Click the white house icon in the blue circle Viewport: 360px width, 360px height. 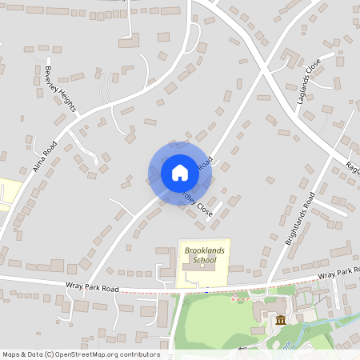click(x=180, y=173)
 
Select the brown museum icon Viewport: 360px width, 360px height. click(x=280, y=321)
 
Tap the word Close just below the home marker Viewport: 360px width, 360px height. click(x=205, y=210)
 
